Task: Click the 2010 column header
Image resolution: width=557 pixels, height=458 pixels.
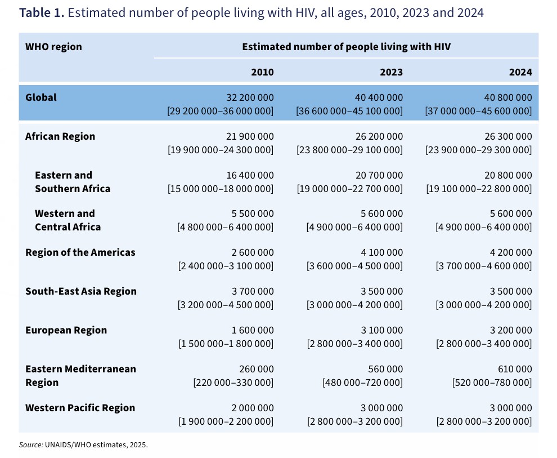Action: (262, 72)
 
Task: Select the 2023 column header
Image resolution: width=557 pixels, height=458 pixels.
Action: (391, 72)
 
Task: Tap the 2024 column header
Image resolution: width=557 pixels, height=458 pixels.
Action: (520, 72)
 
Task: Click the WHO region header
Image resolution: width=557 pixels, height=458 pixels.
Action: (53, 47)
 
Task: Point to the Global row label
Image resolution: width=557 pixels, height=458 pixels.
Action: (41, 97)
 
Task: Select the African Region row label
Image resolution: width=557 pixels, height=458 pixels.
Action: (60, 136)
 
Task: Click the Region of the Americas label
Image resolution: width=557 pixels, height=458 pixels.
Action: (80, 252)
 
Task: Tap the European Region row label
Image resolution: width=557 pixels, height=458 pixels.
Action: (66, 330)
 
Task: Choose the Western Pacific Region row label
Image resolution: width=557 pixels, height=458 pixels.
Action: (80, 408)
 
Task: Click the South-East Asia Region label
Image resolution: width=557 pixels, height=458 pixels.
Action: (81, 291)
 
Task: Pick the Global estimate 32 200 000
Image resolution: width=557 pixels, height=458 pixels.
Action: (250, 97)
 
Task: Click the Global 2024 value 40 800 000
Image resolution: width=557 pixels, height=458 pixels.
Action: (507, 97)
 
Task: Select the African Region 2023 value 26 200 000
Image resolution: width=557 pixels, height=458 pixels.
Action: (379, 136)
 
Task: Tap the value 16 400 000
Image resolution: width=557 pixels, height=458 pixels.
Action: (250, 175)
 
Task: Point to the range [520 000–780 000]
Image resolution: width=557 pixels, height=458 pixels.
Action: (492, 383)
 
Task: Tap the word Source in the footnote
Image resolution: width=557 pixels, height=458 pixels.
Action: (30, 444)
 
